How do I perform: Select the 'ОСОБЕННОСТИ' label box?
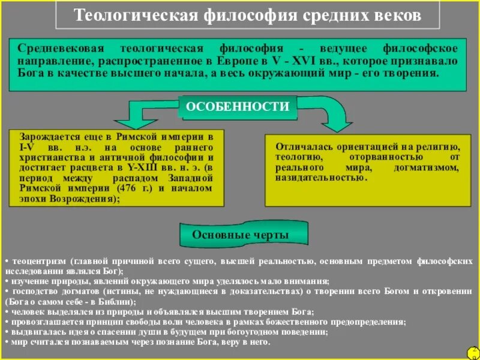tap(238, 107)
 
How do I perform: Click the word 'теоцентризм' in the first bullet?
tap(35, 262)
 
